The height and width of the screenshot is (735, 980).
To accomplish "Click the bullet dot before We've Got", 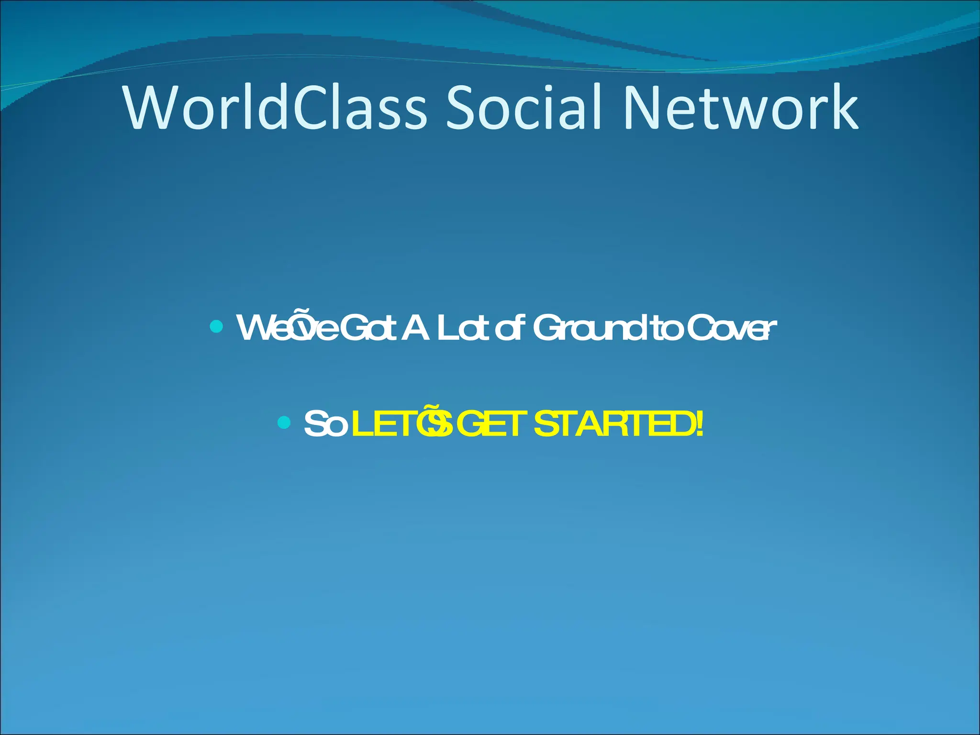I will (216, 327).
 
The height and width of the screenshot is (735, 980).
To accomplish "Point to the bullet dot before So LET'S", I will (284, 423).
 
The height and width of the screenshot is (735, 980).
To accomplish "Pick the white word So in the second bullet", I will (325, 424).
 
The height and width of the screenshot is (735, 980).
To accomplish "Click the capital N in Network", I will (646, 108).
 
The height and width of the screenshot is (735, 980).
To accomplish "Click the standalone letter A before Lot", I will (415, 328).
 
